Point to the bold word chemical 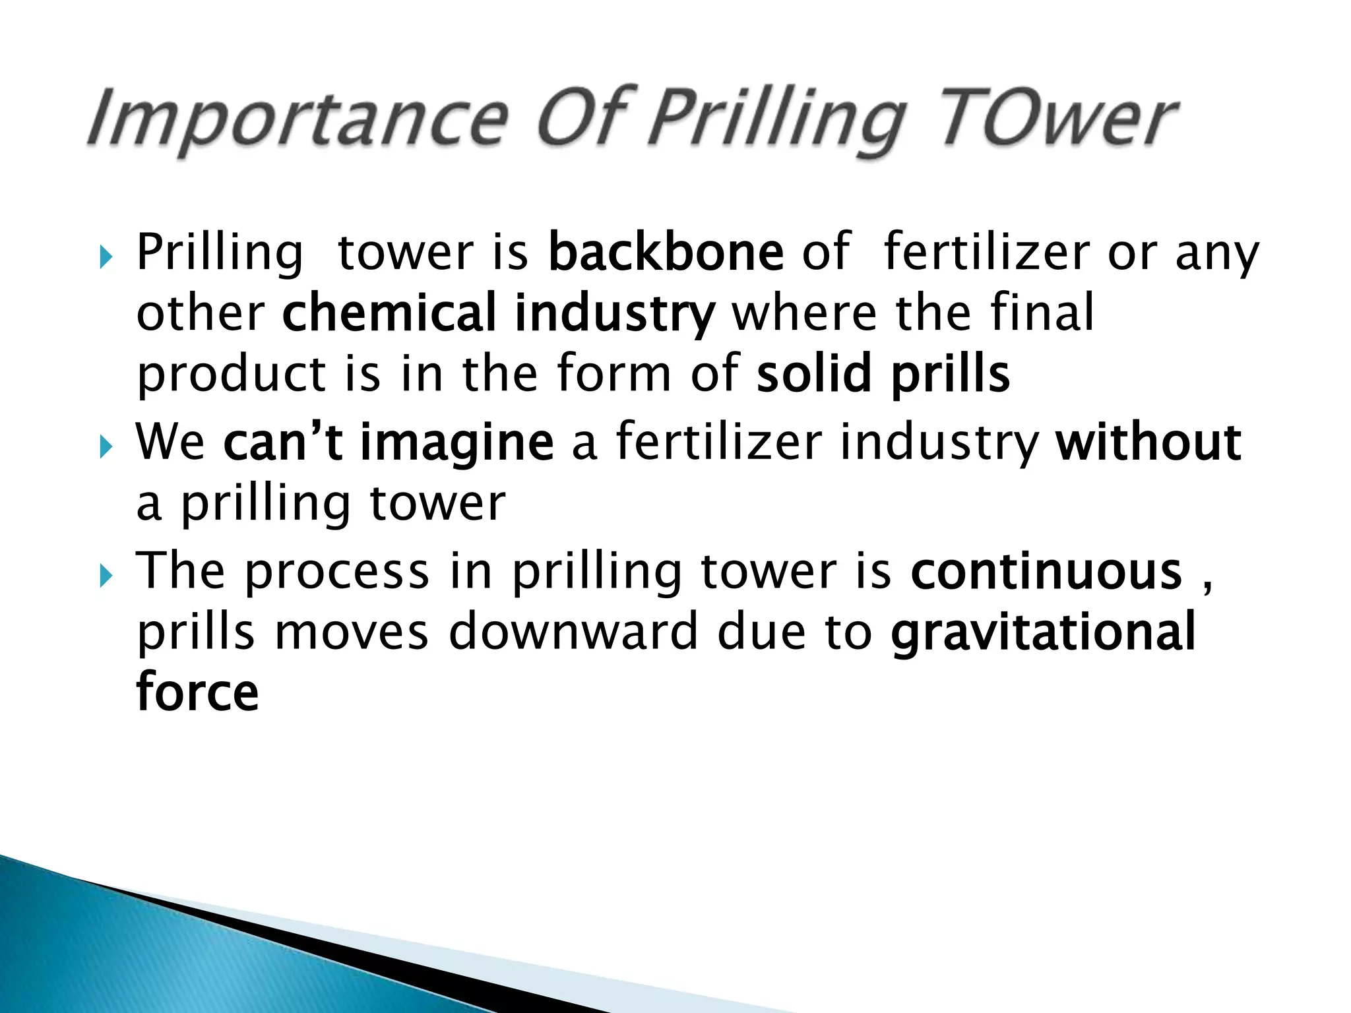[x=389, y=313]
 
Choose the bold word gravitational [x=1043, y=632]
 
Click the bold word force [x=197, y=692]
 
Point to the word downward [x=573, y=632]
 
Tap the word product [x=232, y=375]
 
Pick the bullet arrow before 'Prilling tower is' [x=106, y=257]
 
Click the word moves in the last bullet [x=352, y=632]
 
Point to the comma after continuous [x=1207, y=584]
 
